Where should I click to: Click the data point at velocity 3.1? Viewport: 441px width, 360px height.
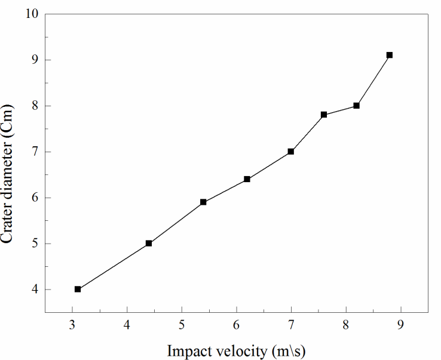tap(78, 289)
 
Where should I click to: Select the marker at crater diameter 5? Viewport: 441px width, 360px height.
tap(149, 243)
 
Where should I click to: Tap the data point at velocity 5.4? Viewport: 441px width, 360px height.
tap(203, 202)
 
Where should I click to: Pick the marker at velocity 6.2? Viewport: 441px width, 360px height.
tap(247, 179)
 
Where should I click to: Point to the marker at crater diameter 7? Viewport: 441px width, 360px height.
tap(291, 152)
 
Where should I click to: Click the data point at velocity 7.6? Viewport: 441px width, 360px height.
tap(324, 115)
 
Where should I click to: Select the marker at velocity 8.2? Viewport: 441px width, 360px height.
tap(357, 106)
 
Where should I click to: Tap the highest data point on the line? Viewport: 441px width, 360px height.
tap(390, 55)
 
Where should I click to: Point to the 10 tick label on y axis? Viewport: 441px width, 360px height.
tap(32, 14)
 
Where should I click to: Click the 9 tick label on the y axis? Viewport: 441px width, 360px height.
tap(35, 60)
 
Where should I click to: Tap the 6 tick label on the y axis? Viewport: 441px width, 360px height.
tap(35, 198)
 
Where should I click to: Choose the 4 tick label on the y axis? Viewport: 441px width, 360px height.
tap(35, 290)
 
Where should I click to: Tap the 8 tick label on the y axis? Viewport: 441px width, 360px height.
tap(35, 106)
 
